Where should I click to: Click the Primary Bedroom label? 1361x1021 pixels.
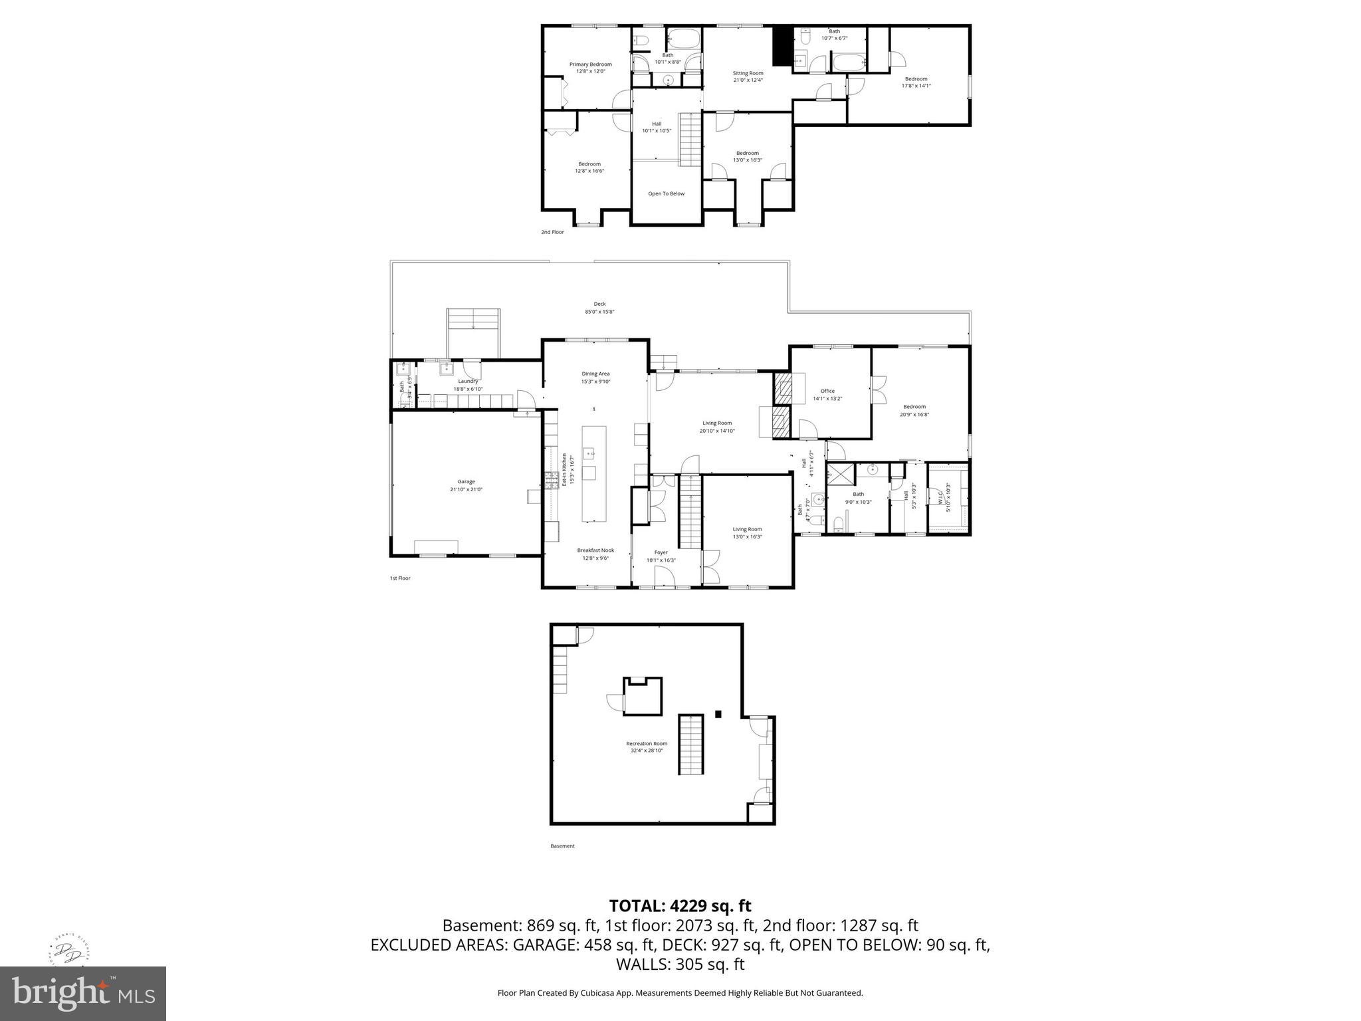point(590,64)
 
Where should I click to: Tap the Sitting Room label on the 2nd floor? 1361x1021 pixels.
point(748,73)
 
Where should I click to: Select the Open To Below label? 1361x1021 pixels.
point(666,194)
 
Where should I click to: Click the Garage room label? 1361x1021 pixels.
point(466,481)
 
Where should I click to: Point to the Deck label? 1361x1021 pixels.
point(599,304)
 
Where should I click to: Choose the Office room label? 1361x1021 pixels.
point(827,391)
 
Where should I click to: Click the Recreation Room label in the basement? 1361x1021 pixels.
point(647,743)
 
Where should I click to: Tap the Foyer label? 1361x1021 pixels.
point(661,552)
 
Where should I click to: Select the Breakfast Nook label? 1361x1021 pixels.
point(595,550)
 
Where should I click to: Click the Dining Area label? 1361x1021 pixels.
point(595,374)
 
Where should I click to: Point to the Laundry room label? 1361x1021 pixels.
point(468,381)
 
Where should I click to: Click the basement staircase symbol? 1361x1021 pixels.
point(690,744)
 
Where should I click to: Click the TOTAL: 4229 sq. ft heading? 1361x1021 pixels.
point(680,905)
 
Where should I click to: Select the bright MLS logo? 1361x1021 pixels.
point(83,994)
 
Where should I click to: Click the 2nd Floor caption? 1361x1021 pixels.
point(552,232)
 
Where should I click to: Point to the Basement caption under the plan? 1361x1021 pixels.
point(562,846)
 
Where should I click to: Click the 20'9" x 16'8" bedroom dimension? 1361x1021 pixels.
point(914,415)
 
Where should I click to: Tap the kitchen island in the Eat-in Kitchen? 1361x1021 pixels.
point(594,474)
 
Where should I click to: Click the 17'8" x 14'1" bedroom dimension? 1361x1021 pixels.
point(916,86)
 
